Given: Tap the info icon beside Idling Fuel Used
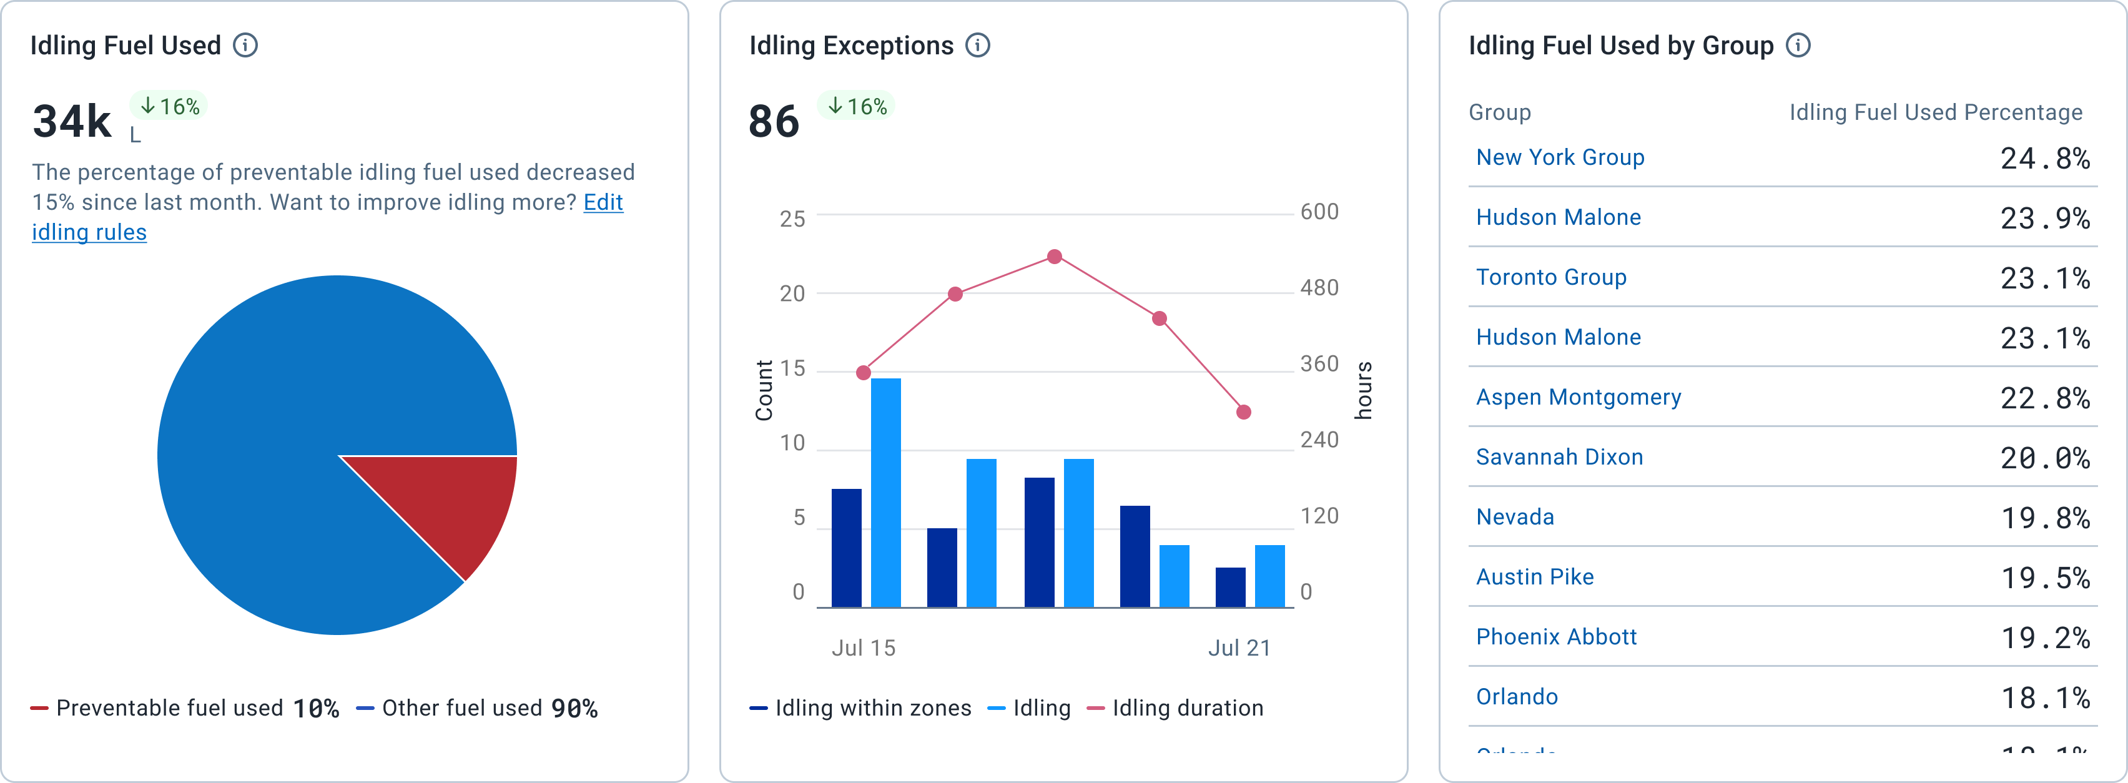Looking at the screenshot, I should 245,46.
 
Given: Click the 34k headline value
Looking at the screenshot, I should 72,121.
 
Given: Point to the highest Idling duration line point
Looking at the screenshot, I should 1054,257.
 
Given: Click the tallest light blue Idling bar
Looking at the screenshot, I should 885,493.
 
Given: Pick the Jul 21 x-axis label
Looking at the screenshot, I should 1239,648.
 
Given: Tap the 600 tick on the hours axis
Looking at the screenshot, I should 1319,212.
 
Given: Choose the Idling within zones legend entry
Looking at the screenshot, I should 861,709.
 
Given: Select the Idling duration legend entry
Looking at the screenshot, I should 1176,709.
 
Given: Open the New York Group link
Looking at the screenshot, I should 1560,158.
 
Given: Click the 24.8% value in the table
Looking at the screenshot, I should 2044,159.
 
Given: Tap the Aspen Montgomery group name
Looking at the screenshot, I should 1578,397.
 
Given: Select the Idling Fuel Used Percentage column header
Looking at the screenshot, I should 1936,112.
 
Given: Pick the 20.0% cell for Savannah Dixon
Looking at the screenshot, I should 2044,458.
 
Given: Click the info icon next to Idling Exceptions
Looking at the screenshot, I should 978,46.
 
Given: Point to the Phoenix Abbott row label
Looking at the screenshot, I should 1556,637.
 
